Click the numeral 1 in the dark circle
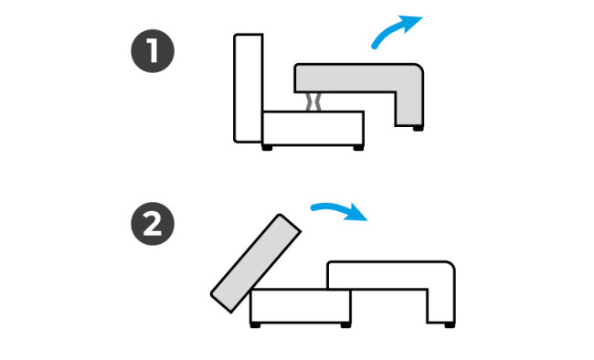(x=153, y=51)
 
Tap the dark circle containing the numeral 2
(x=153, y=224)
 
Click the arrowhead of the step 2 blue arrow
(x=356, y=212)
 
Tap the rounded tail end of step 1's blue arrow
(x=375, y=47)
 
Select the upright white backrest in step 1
(x=249, y=89)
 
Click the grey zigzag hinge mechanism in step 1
(x=313, y=102)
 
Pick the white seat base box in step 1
(x=313, y=128)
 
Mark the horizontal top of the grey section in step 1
(x=359, y=78)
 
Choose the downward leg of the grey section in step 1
(x=409, y=109)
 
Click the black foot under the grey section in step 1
(x=418, y=129)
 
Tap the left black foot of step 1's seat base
(x=267, y=148)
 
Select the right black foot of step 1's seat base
(x=358, y=148)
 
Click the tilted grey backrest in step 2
(x=256, y=263)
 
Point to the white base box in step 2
(x=301, y=306)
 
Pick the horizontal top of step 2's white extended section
(x=391, y=275)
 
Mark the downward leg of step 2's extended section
(x=441, y=306)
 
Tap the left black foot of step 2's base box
(x=255, y=325)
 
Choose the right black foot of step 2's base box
(x=345, y=325)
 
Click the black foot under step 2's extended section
(x=450, y=325)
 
